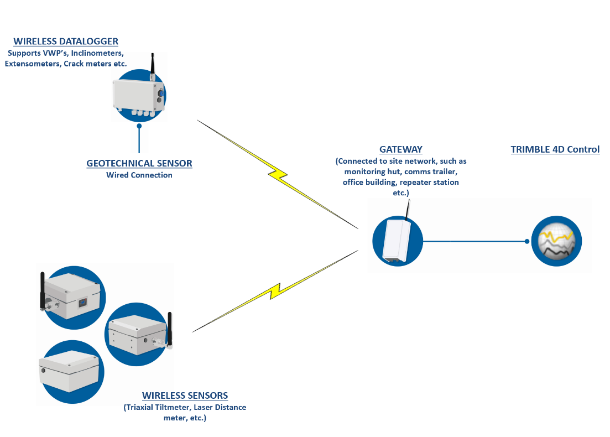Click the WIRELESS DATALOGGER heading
(66, 41)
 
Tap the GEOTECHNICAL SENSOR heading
(139, 164)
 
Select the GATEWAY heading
(400, 149)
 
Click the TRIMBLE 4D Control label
(555, 149)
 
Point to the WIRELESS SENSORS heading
(185, 396)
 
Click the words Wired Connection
(139, 175)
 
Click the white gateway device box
(397, 240)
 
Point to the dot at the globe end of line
(527, 241)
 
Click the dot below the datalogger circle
(139, 126)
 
